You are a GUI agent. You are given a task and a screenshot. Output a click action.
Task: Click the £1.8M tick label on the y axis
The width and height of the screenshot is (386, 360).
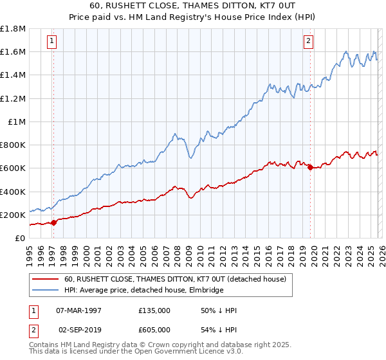point(13,29)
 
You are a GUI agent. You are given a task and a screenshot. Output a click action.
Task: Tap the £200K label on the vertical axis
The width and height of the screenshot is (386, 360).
point(13,215)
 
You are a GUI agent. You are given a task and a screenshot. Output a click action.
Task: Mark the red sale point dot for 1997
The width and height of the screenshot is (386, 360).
point(53,222)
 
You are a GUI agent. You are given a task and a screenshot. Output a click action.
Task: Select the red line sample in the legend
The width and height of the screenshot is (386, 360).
point(46,279)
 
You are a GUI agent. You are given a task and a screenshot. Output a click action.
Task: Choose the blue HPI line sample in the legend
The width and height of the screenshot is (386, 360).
point(46,291)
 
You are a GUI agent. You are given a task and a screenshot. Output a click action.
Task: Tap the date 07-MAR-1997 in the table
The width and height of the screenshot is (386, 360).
point(79,310)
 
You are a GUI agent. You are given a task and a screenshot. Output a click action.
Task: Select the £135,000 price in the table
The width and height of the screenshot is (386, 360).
point(154,310)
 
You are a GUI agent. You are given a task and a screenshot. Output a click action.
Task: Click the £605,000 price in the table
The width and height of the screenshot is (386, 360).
point(154,329)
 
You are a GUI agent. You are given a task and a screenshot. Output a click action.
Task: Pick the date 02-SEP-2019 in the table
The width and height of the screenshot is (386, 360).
point(79,329)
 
